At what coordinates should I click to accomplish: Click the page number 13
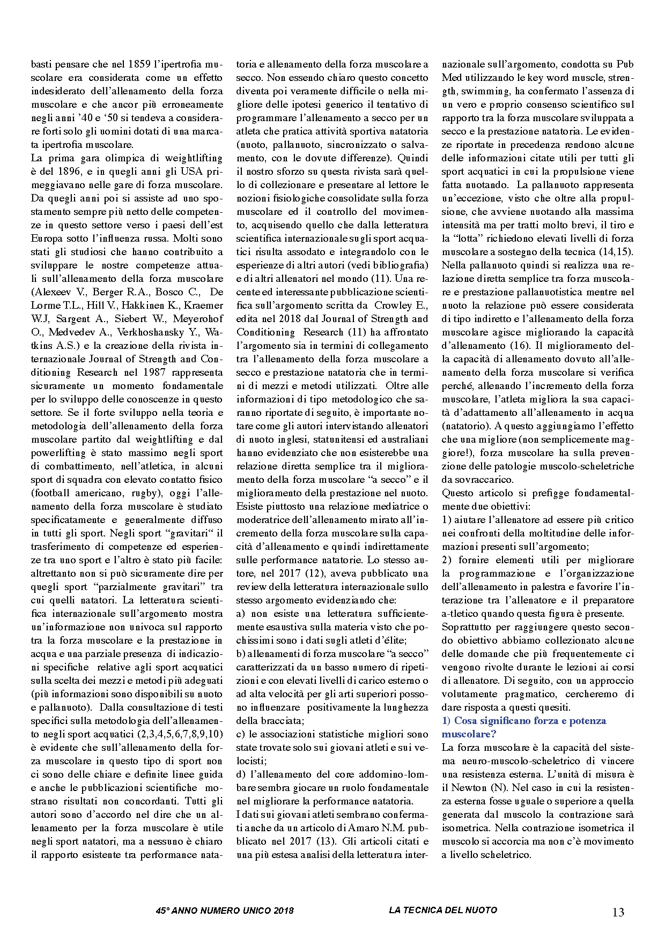pyautogui.click(x=618, y=912)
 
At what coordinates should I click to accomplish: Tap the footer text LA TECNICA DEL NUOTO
pyautogui.click(x=443, y=910)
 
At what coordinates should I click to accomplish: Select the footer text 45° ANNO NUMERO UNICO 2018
pyautogui.click(x=225, y=911)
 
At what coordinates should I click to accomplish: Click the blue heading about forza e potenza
pyautogui.click(x=523, y=727)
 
